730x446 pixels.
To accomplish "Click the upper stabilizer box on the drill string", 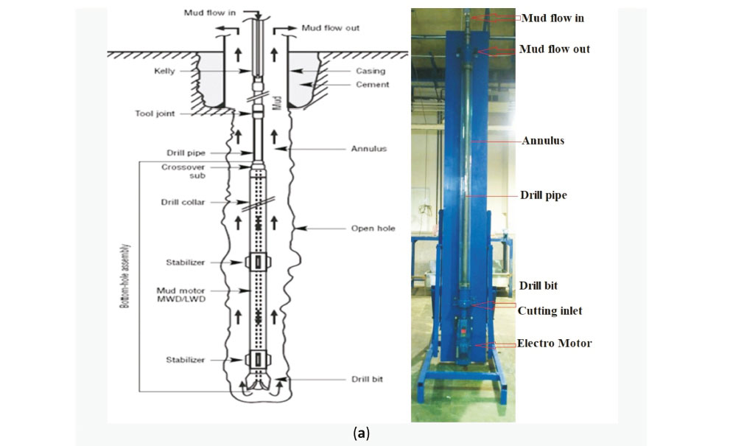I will (258, 262).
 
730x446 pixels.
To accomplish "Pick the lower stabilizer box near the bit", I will (258, 360).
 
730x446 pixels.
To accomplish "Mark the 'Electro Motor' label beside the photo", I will (554, 344).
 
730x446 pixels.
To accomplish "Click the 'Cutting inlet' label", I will (550, 311).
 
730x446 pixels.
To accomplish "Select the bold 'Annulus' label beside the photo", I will (543, 140).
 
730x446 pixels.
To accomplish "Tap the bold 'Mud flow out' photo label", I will (555, 49).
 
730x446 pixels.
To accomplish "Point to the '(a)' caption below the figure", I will (361, 433).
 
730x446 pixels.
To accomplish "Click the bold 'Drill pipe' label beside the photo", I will (543, 196).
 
